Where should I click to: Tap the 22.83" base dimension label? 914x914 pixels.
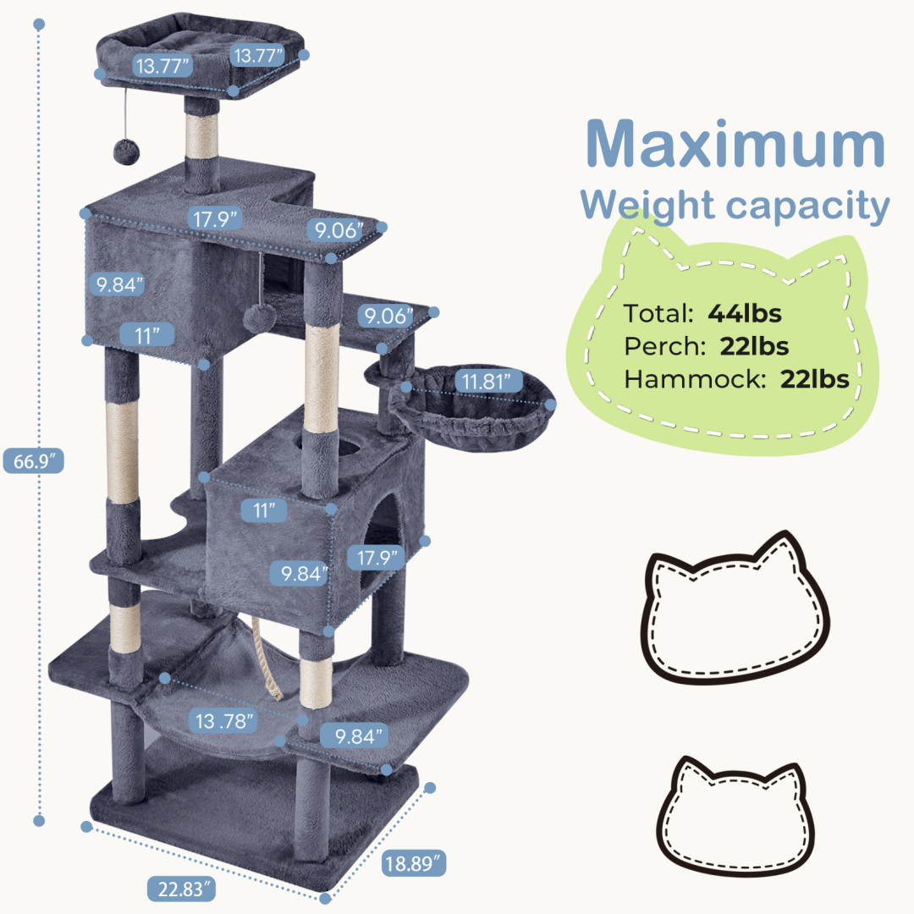(181, 889)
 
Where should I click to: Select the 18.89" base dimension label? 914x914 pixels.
(413, 864)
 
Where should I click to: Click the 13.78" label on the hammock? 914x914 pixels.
(223, 722)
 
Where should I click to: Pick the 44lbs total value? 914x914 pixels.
(745, 313)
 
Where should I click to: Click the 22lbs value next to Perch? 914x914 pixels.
(755, 346)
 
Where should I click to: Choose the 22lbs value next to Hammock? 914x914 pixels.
(815, 379)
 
